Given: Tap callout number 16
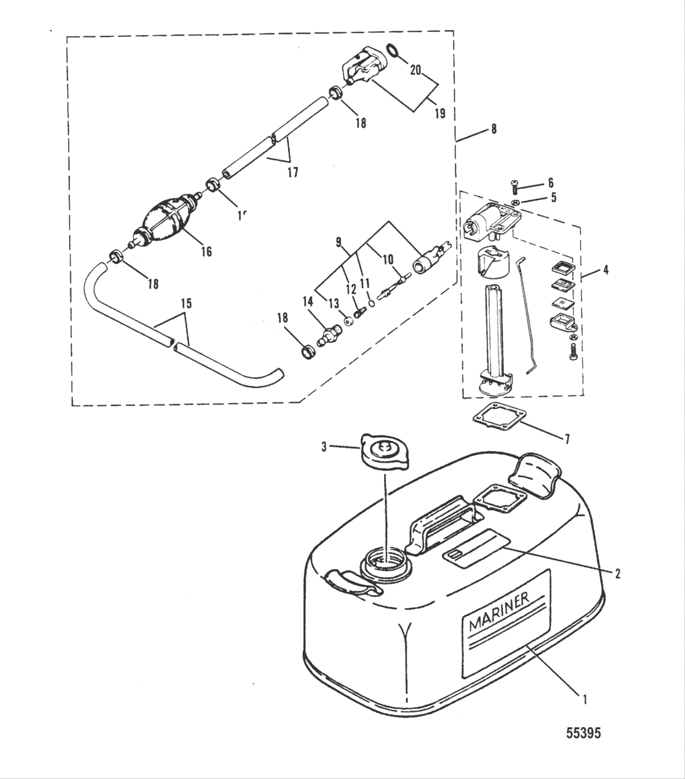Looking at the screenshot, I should (206, 251).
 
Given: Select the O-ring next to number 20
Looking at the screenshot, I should (395, 51).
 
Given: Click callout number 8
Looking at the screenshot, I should (494, 129).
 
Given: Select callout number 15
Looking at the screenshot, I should (185, 303).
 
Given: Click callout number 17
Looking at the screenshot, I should (292, 172).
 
